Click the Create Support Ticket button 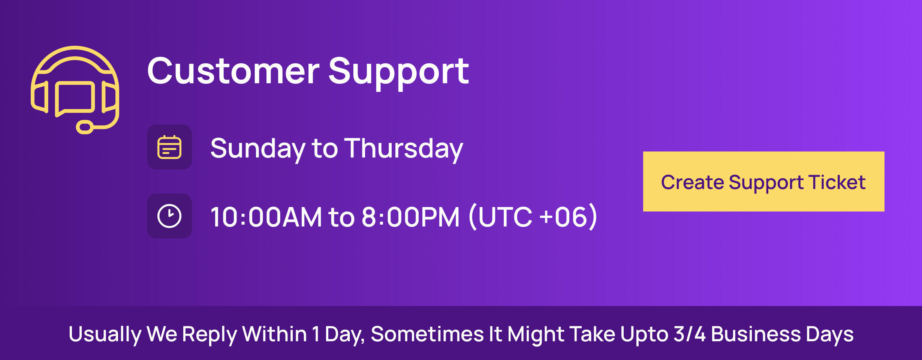[x=763, y=181]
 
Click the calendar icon [x=169, y=147]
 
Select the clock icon [x=169, y=216]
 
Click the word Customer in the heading [x=233, y=71]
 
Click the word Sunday [x=258, y=149]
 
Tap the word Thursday [x=404, y=149]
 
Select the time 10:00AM [x=266, y=217]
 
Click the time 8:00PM [x=411, y=217]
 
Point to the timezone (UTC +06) [x=533, y=216]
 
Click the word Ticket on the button [x=837, y=182]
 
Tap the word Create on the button [x=693, y=182]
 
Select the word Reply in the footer [x=210, y=334]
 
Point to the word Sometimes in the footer [x=427, y=334]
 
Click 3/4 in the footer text [x=690, y=334]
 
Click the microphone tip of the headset [x=85, y=127]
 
